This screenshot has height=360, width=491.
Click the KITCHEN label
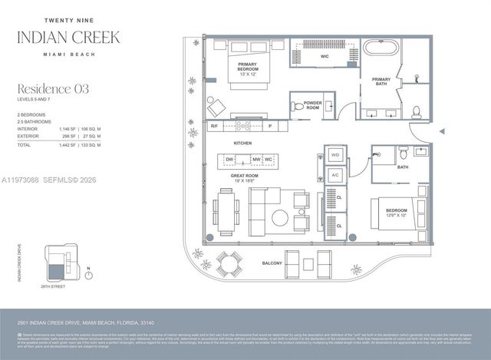coord(242,143)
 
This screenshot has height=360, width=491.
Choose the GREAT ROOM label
coord(243,177)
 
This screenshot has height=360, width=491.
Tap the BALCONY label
coord(272,263)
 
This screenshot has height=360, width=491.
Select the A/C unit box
coord(334,176)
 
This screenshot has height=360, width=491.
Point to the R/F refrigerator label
coord(214,125)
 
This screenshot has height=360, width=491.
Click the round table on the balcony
coord(226,263)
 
